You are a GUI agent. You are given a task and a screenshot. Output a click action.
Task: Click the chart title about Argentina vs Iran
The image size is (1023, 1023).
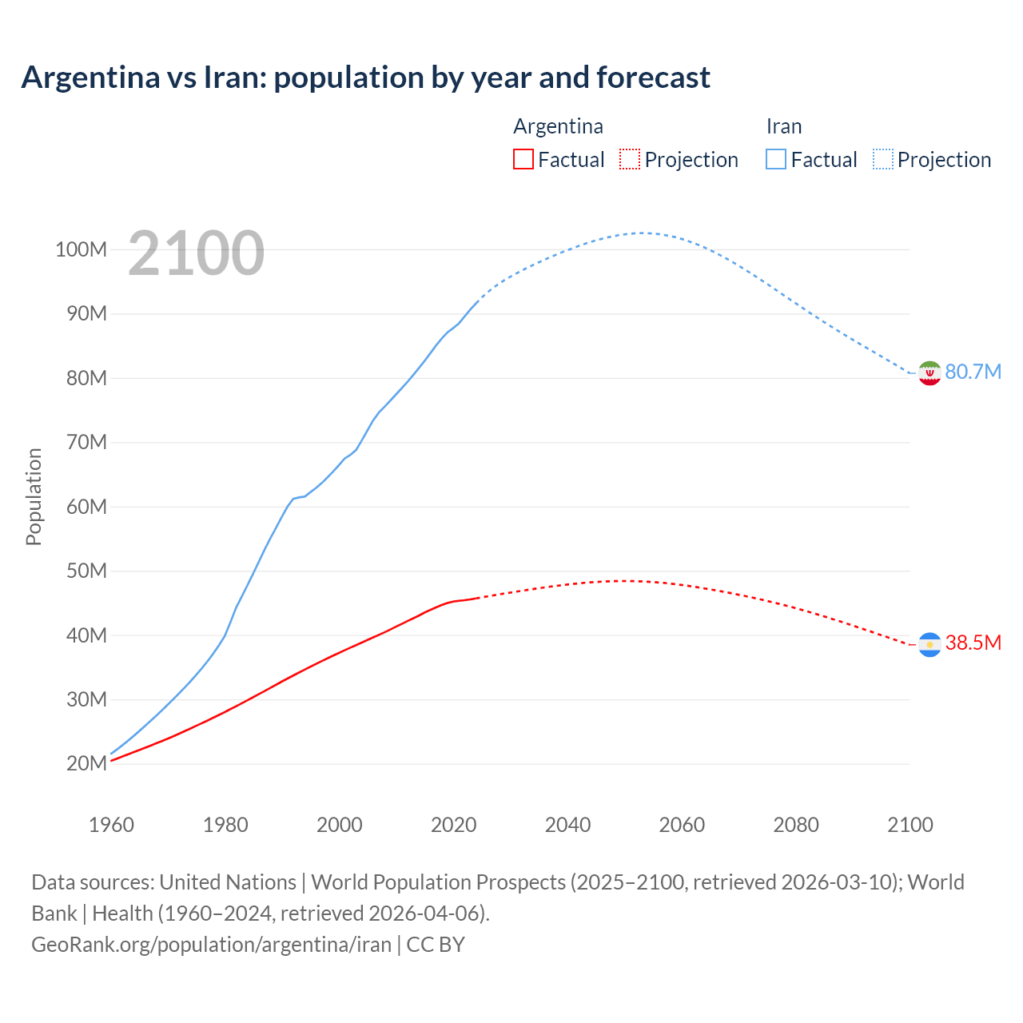[x=365, y=78]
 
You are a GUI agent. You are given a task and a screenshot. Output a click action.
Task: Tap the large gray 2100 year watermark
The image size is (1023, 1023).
[x=196, y=253]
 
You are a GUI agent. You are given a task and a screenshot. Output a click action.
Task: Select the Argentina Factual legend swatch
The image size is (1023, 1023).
[x=523, y=159]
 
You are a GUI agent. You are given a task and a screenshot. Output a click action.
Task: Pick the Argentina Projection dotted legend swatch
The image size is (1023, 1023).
[x=630, y=159]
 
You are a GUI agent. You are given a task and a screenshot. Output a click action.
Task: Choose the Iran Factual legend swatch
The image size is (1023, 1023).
[x=775, y=159]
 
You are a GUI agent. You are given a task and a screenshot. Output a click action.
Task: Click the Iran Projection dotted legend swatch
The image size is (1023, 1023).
[x=882, y=159]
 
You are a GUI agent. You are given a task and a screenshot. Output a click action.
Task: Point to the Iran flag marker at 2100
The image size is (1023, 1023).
[x=929, y=372]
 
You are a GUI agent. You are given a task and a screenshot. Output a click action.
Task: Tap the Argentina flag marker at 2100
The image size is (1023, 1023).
[x=929, y=644]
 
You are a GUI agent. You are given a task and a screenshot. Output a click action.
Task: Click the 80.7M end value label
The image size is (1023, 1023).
[x=973, y=372]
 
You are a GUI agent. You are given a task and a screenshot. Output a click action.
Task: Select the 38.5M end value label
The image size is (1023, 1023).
[x=973, y=643]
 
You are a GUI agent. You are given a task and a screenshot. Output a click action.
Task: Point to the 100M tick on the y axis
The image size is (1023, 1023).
[x=81, y=249]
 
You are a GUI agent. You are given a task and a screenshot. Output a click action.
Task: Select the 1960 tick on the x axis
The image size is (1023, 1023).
[x=111, y=825]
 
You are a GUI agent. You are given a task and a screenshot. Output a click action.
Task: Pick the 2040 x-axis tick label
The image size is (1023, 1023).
[x=567, y=825]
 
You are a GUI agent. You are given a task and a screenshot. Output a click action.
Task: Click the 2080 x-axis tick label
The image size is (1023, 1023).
[x=796, y=825]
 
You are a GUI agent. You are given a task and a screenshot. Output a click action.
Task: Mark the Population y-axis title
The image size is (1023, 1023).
[x=34, y=496]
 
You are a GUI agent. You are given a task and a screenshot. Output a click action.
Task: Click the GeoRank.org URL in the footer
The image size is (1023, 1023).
[x=212, y=945]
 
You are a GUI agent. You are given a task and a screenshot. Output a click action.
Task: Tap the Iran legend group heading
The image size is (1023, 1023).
[x=783, y=126]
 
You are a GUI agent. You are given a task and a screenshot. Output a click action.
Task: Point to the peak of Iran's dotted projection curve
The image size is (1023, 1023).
[x=642, y=233]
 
